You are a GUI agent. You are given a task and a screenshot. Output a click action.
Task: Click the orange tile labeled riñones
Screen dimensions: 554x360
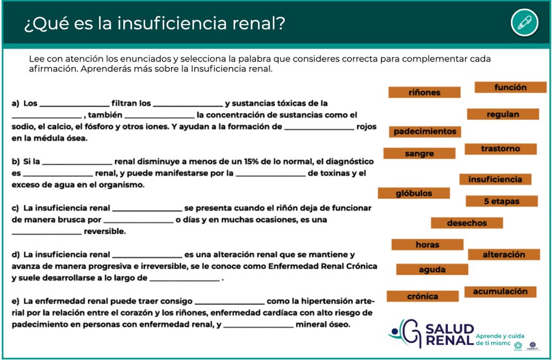[x=424, y=92]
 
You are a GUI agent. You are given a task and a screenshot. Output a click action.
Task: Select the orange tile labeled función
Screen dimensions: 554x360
[x=511, y=87]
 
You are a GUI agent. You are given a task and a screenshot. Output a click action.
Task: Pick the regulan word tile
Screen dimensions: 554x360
[x=503, y=114]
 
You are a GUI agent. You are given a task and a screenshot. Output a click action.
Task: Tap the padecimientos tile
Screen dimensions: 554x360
[x=425, y=132]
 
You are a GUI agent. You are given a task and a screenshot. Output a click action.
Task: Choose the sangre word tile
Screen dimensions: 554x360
[x=419, y=154]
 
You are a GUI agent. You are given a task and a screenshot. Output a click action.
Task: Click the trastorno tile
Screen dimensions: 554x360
[x=500, y=149]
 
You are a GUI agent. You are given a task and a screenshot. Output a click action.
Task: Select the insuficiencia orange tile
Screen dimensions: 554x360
[x=496, y=179]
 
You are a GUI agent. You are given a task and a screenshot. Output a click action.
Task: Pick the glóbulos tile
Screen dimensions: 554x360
[x=414, y=193]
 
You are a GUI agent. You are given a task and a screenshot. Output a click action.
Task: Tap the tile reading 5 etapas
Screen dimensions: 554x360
[x=502, y=201]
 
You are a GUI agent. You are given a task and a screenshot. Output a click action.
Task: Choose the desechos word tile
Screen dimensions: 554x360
[x=467, y=223]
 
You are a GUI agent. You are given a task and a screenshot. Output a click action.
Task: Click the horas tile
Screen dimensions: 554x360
[x=427, y=245]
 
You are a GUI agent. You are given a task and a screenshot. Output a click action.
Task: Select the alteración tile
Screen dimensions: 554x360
[x=504, y=254]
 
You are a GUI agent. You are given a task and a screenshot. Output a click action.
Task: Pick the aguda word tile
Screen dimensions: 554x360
[x=432, y=270]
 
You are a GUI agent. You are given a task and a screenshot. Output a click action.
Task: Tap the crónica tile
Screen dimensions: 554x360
[x=423, y=296]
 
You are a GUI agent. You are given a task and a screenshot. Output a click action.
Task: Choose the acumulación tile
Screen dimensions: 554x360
[x=500, y=292]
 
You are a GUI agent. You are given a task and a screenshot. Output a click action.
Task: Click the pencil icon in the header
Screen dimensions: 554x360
[x=525, y=23]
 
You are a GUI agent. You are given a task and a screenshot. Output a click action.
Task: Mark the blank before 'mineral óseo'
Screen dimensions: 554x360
[x=258, y=328]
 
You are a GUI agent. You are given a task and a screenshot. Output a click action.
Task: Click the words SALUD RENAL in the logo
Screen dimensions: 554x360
[x=450, y=335]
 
